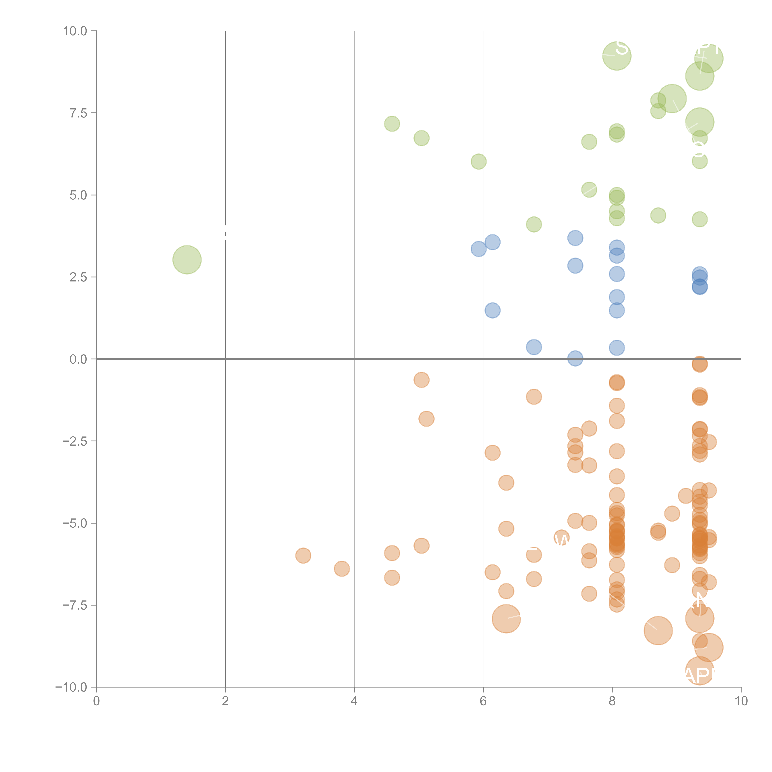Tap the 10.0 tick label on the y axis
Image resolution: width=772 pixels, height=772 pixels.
pos(75,31)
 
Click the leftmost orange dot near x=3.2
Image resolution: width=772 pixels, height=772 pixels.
pos(303,555)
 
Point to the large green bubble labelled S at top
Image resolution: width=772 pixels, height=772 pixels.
pos(617,56)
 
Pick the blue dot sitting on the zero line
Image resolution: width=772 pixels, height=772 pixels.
pos(575,358)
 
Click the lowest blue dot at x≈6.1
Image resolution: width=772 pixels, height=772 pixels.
pos(492,310)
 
